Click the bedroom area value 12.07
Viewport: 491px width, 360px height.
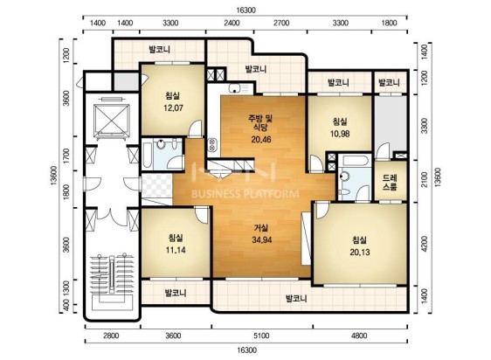click(173, 108)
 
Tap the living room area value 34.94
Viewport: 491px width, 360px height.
click(262, 240)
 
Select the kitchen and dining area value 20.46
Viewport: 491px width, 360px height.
click(261, 140)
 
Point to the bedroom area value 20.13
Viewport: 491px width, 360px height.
click(360, 253)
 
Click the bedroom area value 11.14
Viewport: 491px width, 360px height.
click(176, 250)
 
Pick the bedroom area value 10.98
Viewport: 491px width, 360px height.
click(340, 134)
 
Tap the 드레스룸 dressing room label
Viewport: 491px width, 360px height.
click(390, 183)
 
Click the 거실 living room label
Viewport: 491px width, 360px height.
click(261, 228)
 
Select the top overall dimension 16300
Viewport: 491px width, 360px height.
click(245, 10)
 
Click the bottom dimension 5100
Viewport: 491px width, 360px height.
click(261, 336)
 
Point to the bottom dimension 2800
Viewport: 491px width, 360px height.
click(111, 336)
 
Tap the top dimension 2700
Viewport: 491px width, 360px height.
click(281, 23)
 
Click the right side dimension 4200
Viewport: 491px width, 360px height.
click(424, 244)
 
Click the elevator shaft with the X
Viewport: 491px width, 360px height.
click(112, 121)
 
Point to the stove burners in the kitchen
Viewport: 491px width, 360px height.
click(212, 144)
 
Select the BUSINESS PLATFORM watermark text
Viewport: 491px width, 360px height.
click(245, 194)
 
